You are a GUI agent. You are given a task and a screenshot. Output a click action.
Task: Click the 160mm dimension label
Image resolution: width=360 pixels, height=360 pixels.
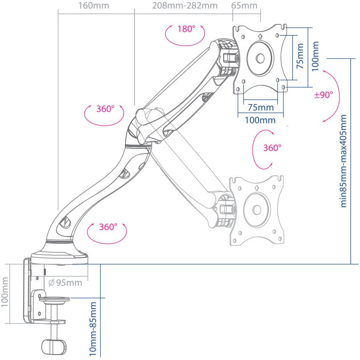coord(94,6)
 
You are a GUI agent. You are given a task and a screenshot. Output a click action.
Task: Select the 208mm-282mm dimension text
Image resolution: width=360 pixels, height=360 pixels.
coord(185,6)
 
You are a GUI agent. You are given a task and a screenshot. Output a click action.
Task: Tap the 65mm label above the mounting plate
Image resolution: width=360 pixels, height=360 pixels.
coord(244,6)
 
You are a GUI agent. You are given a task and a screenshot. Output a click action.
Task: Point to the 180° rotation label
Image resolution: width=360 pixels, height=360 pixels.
coord(186,29)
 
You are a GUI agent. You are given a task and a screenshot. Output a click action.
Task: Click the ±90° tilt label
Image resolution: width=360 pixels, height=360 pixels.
coord(323,95)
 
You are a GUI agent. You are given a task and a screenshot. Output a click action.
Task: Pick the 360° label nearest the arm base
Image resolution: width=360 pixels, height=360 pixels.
coord(107,228)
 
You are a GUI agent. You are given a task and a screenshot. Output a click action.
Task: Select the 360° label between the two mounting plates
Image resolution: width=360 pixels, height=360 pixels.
coord(272,148)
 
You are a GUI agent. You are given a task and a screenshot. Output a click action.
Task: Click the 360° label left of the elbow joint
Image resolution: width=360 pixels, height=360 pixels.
coord(105,109)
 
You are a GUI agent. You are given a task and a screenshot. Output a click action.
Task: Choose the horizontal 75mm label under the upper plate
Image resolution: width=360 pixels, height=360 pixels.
coord(260,107)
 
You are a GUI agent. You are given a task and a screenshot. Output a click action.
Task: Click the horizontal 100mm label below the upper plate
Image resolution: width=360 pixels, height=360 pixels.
coord(260,120)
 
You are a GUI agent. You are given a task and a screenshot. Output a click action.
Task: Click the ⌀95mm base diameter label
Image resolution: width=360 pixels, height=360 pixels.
coord(65,283)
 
